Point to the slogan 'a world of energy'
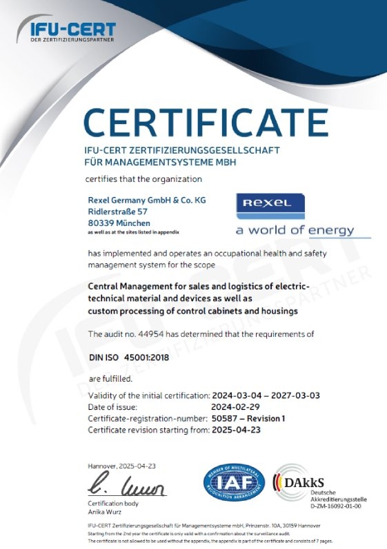tap(295, 230)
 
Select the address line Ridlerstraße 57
tap(118, 211)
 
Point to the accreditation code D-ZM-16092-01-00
tap(329, 506)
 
